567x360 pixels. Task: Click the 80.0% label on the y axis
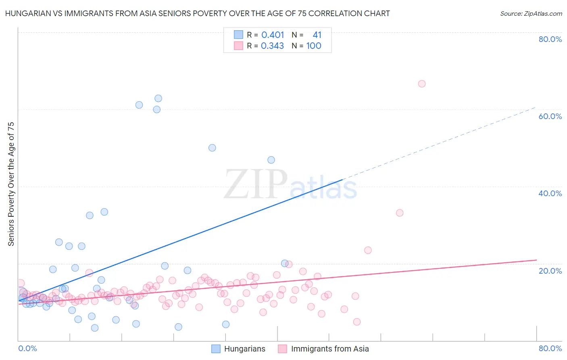click(550, 39)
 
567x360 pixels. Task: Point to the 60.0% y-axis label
click(550, 116)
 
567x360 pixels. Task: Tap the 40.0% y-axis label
click(550, 193)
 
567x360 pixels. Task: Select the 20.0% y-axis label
click(550, 270)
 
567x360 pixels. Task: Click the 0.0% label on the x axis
click(27, 348)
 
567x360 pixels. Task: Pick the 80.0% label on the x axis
click(550, 348)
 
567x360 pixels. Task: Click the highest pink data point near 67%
click(422, 84)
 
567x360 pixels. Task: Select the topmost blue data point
click(158, 98)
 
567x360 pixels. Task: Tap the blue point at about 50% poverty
click(212, 148)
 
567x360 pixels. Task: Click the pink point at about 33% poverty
click(400, 213)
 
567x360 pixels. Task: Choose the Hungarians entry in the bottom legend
click(244, 349)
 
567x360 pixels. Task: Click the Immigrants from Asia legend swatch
click(282, 349)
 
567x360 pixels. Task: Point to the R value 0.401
click(273, 35)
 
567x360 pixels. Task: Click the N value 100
click(313, 46)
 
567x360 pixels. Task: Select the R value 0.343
click(273, 46)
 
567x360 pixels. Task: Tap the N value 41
click(317, 35)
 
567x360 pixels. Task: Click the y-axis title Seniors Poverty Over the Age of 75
click(11, 184)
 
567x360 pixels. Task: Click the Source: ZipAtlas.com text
click(531, 14)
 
